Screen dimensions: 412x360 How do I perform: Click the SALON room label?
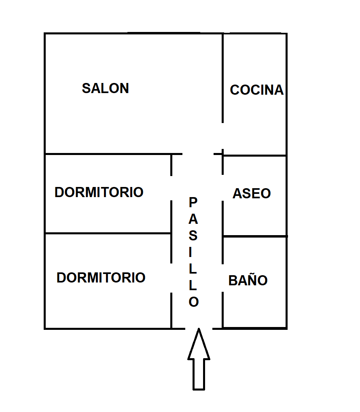105,88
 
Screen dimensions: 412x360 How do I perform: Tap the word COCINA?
256,90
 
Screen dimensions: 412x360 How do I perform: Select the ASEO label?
252,193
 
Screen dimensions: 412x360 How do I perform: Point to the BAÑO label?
248,280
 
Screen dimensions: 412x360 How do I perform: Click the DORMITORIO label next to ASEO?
99,192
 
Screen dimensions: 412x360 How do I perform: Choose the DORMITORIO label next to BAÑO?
101,278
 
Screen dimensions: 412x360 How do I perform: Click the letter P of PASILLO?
193,202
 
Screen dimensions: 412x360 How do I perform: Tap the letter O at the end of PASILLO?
194,302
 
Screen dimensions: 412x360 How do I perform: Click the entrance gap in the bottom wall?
199,328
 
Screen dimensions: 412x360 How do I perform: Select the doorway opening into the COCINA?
222,138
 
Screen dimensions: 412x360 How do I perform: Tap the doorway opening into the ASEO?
222,188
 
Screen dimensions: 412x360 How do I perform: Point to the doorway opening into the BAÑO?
222,278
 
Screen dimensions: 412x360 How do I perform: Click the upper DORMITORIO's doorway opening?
172,188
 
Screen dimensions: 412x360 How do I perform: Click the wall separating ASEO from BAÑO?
255,236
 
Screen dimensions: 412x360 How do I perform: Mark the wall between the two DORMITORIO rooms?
108,233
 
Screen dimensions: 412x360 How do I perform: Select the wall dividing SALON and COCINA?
222,77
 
